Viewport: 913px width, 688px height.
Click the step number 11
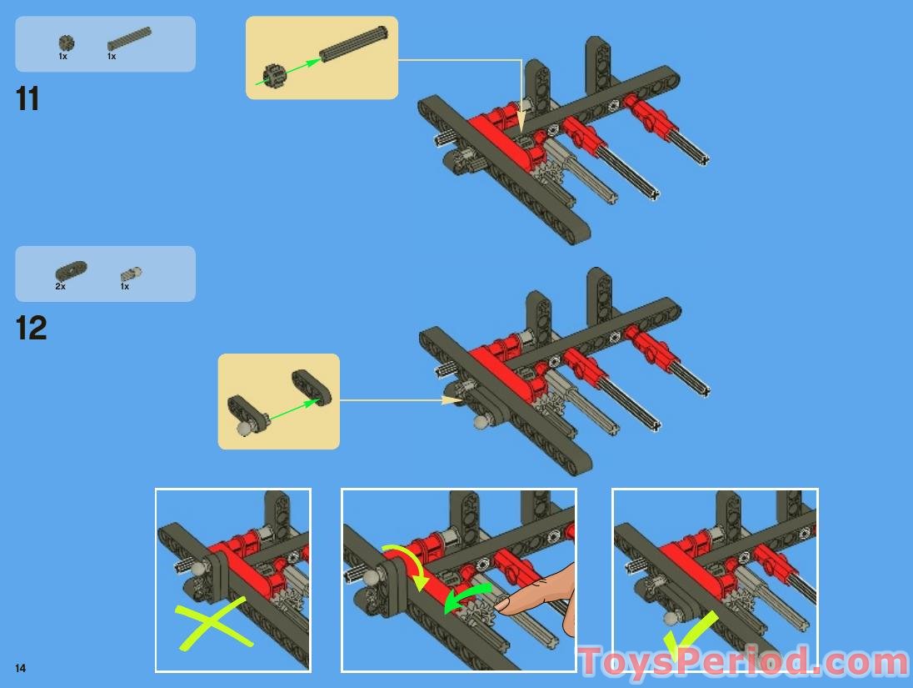coord(27,98)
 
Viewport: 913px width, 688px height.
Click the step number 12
coord(31,328)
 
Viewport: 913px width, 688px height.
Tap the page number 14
coord(20,668)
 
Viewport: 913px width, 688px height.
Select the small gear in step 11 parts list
coord(67,43)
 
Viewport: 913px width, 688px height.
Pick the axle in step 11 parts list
coord(128,38)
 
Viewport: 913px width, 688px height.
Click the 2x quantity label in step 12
coord(61,286)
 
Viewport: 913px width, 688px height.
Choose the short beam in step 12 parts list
coord(71,270)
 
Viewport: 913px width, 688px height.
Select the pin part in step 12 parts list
coord(131,274)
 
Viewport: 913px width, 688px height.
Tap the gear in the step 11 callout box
coord(275,75)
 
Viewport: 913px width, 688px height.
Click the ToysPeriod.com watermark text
coord(744,663)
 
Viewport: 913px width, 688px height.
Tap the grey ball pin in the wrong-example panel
coord(200,568)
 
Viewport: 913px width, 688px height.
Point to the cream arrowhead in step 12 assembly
coord(452,400)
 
